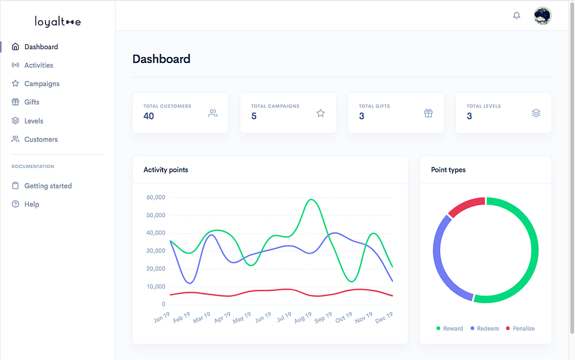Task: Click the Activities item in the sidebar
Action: (32, 65)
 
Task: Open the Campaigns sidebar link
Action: (35, 83)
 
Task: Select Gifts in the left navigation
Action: (25, 102)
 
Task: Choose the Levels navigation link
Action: (28, 121)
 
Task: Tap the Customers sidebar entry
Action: (34, 139)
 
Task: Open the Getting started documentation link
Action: (41, 185)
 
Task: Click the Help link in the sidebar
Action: (25, 204)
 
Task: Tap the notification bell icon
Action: (517, 16)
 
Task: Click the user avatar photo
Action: (543, 16)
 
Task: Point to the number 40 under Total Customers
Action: (149, 116)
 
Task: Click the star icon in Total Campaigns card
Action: (321, 113)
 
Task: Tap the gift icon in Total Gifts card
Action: (428, 113)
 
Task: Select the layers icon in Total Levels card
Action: (536, 113)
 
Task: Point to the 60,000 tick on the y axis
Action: (156, 197)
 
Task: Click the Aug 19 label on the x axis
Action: (303, 317)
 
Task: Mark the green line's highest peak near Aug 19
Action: (311, 200)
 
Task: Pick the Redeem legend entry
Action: (484, 328)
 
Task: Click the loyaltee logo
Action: (58, 22)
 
